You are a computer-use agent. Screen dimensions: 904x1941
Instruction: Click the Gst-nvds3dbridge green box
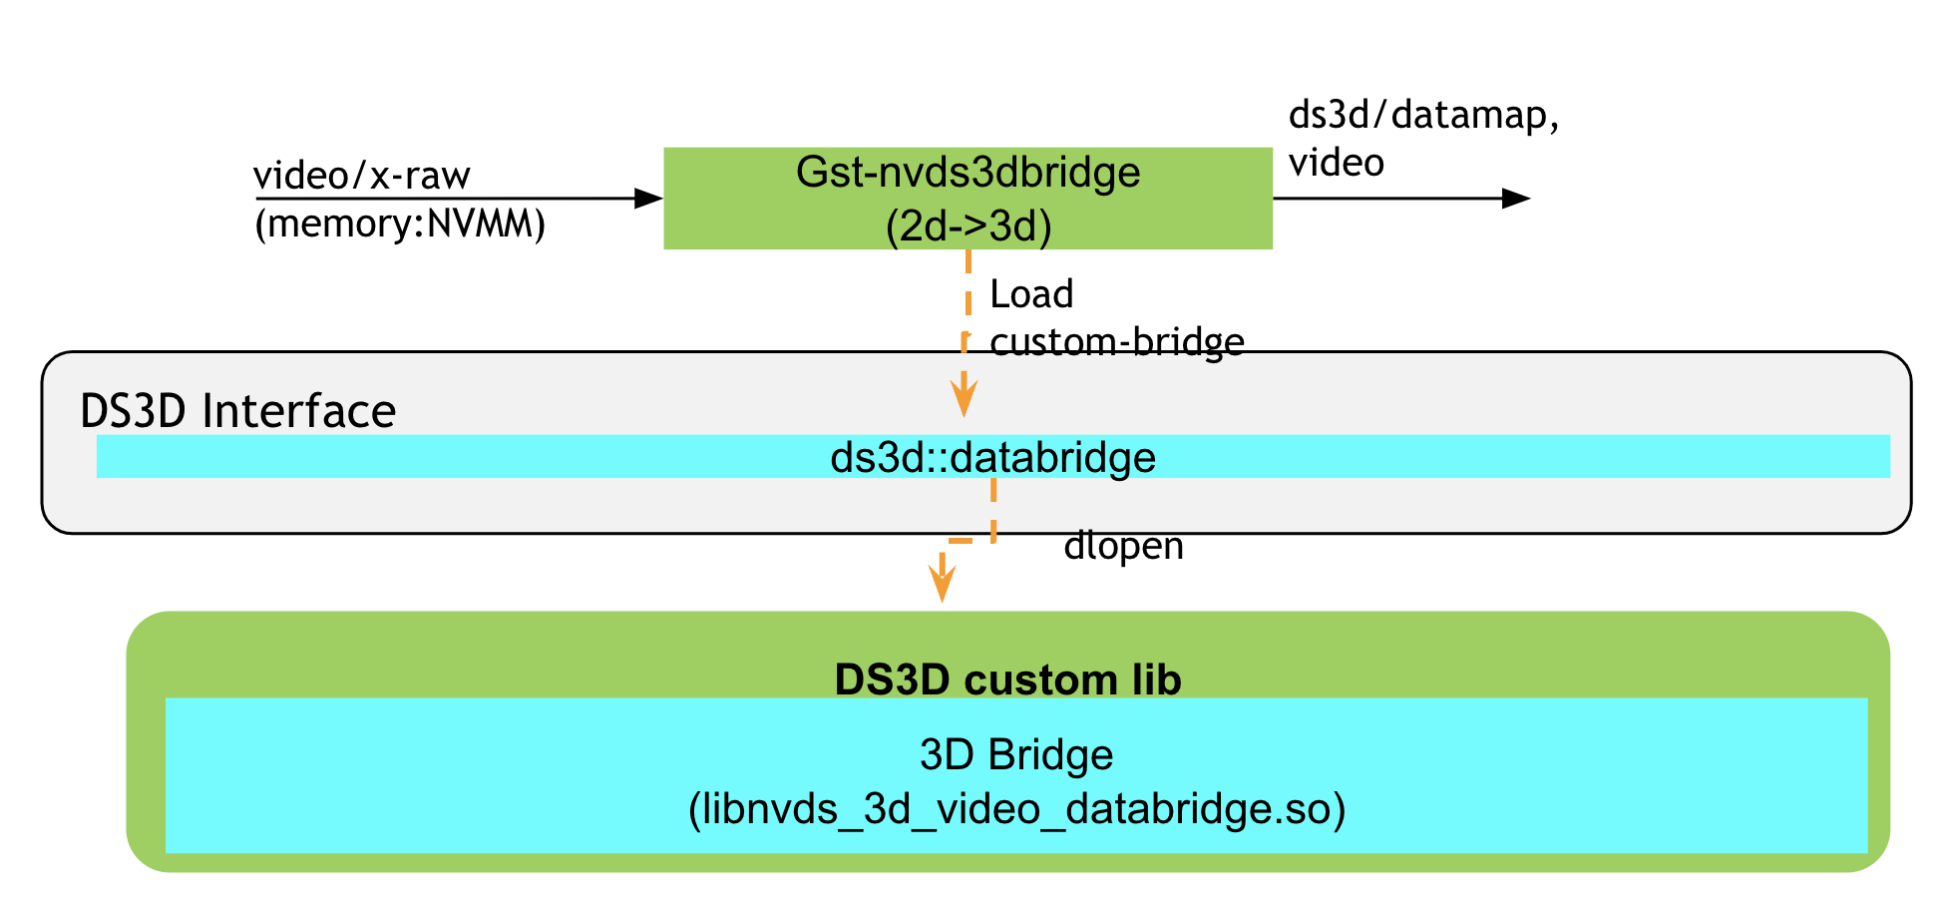(x=968, y=198)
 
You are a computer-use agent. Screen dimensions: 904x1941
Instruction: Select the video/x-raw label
(x=361, y=176)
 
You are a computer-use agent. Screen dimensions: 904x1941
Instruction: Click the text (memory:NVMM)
(x=400, y=224)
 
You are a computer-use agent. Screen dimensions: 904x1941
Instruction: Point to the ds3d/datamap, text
(x=1423, y=116)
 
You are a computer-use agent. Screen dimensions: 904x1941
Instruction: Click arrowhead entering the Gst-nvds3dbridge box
(x=649, y=198)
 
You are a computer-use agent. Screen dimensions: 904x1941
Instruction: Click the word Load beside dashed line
(x=1031, y=294)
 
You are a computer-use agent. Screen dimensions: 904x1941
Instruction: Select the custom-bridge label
(x=1116, y=342)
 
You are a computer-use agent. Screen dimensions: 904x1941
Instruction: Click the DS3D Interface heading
(x=237, y=411)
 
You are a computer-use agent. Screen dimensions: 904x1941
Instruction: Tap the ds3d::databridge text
(x=992, y=458)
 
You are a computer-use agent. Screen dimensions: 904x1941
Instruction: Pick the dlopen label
(x=1123, y=546)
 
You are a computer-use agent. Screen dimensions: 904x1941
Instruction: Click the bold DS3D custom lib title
(x=1007, y=679)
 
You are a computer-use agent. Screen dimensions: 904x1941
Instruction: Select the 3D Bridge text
(x=1015, y=754)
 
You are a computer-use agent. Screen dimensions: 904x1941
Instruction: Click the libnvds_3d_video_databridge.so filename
(x=1016, y=808)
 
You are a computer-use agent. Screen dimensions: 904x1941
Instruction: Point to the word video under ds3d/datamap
(x=1336, y=163)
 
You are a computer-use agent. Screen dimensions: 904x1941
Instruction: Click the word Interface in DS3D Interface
(x=298, y=411)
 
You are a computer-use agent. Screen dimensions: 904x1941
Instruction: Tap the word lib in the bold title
(x=1156, y=679)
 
